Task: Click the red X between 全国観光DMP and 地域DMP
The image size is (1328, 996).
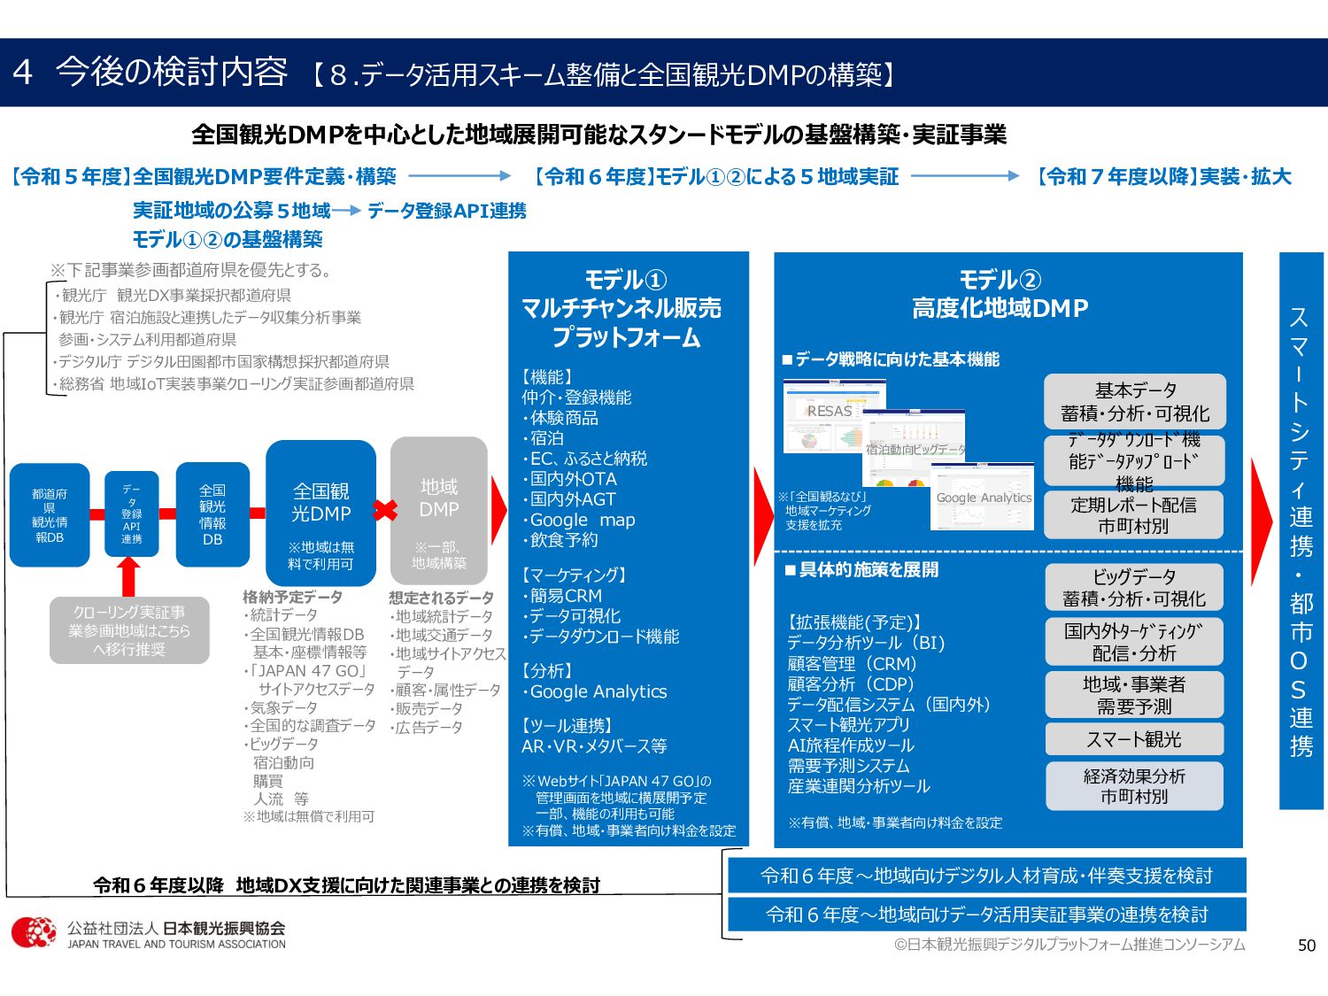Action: [384, 510]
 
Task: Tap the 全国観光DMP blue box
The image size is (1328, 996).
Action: [320, 513]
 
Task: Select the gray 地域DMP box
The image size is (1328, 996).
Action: [439, 511]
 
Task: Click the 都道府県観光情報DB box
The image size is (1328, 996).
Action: [50, 514]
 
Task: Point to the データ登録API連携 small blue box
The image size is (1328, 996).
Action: [132, 513]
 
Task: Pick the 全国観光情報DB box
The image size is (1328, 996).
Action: [212, 514]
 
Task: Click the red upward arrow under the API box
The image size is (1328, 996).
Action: [129, 576]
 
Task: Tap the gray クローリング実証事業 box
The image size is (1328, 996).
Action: [129, 630]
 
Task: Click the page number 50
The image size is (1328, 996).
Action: [1307, 946]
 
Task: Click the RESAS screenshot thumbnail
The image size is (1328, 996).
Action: [833, 414]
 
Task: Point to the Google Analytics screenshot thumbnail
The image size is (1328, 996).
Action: [983, 497]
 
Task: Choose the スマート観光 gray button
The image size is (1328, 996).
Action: [1134, 739]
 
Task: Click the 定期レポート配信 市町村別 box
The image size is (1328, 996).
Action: [1134, 515]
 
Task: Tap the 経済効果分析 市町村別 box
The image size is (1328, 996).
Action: [1134, 786]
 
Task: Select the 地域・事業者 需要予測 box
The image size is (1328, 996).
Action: [1134, 695]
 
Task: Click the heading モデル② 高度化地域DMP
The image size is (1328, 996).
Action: [1000, 294]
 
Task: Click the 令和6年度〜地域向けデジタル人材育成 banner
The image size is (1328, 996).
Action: [986, 876]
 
